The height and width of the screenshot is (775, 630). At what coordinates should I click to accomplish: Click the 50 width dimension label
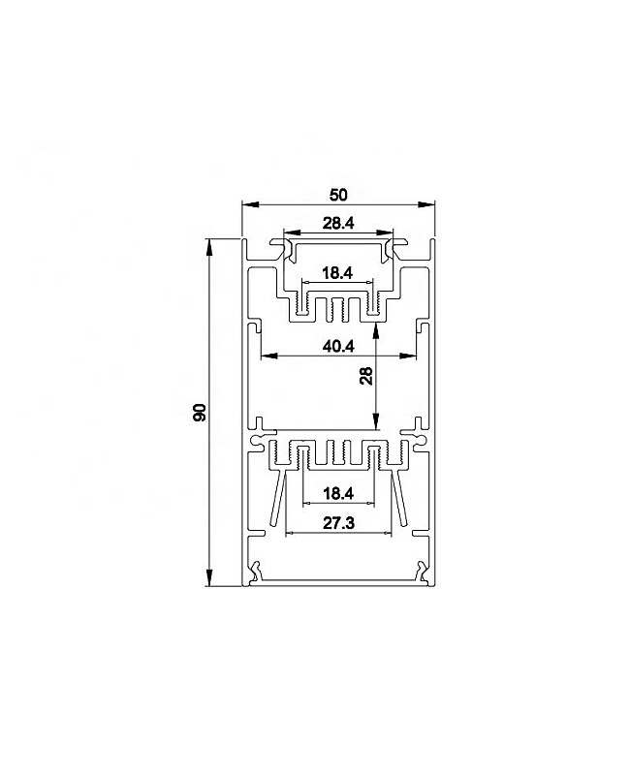tap(338, 195)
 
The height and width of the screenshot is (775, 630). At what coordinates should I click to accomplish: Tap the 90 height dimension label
tap(200, 413)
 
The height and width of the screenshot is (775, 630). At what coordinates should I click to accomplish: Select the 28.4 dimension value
tap(338, 224)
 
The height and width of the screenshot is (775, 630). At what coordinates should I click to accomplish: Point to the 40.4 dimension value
tap(338, 347)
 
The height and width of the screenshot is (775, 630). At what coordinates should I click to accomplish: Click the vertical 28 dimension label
tap(366, 376)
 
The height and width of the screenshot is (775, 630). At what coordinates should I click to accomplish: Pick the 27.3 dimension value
tap(338, 523)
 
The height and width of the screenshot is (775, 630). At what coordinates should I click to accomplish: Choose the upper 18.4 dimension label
tap(337, 272)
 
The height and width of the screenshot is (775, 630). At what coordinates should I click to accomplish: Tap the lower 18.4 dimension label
tap(338, 493)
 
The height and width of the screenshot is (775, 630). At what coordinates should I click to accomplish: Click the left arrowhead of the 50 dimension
tap(251, 203)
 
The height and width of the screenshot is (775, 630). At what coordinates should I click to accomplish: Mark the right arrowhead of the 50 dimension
tap(425, 203)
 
